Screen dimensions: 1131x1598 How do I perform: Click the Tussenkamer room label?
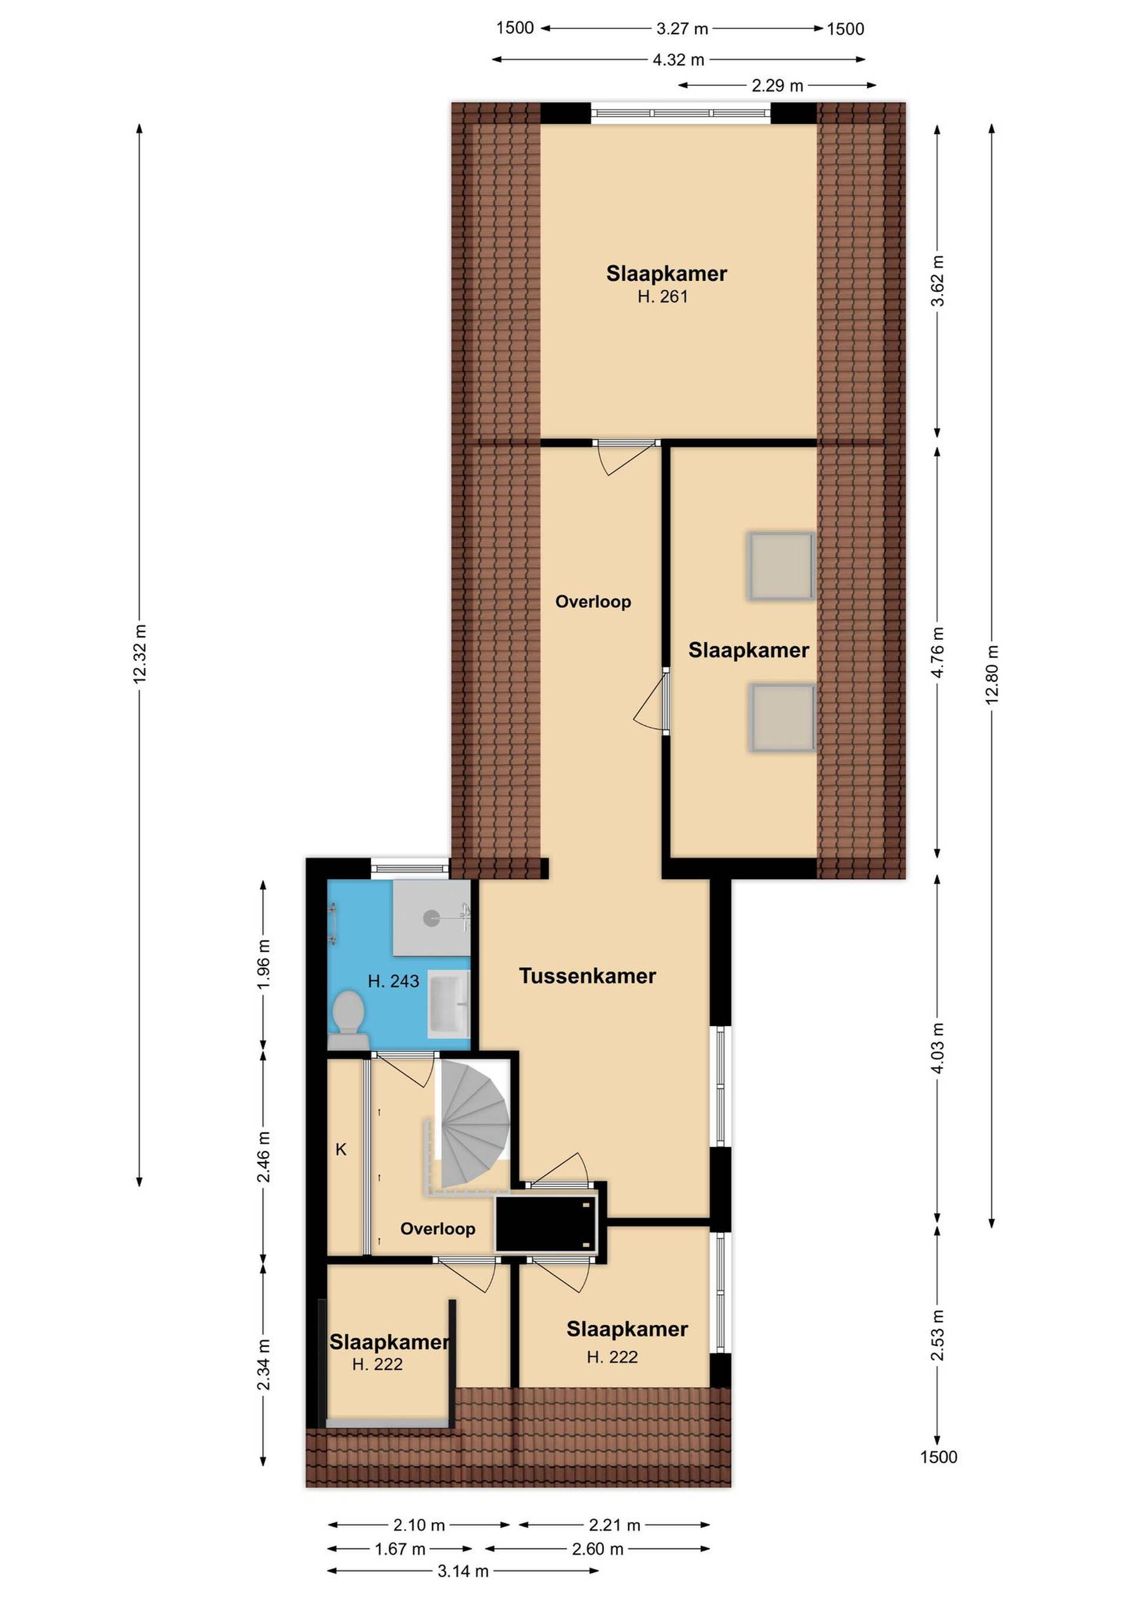(587, 976)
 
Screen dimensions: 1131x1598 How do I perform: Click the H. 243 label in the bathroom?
(393, 981)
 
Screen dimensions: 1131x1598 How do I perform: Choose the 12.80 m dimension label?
(992, 675)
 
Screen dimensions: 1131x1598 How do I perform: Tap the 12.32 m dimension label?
(139, 653)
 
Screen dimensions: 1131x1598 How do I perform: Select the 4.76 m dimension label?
(937, 652)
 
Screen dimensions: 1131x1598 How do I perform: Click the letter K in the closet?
(341, 1149)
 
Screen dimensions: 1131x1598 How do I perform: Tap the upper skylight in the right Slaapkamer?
(781, 566)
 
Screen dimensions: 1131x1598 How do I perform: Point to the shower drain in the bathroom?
(432, 918)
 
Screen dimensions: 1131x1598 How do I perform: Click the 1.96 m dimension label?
(263, 964)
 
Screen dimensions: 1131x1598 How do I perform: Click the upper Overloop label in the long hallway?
(593, 602)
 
